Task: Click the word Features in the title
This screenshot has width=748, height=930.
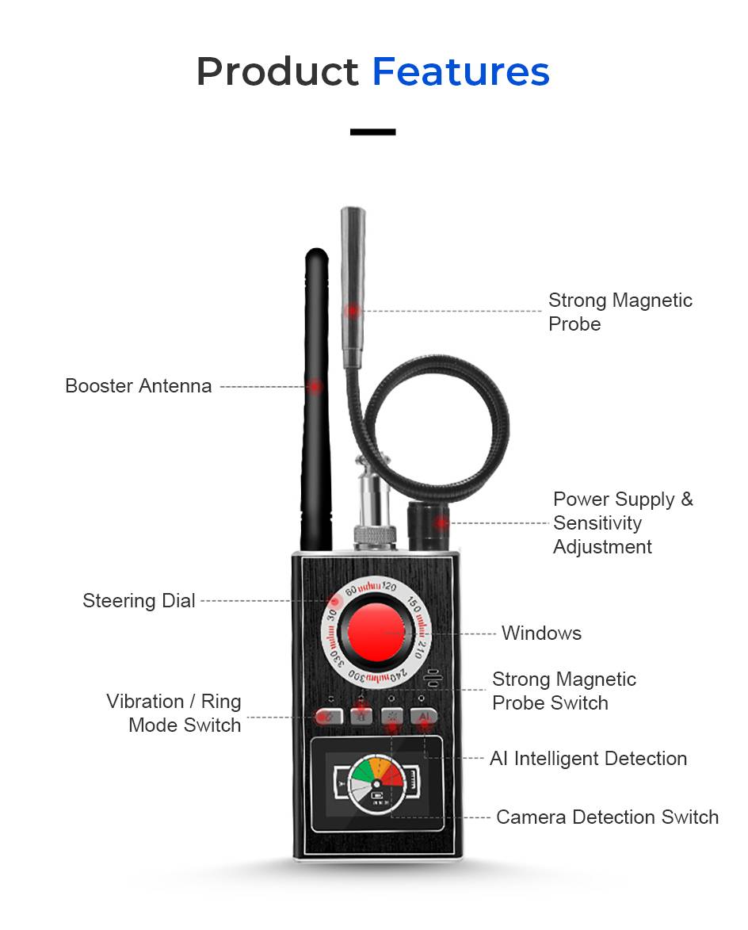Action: pyautogui.click(x=460, y=72)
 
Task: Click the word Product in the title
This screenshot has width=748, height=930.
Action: pyautogui.click(x=277, y=72)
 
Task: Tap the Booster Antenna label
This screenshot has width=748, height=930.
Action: pyautogui.click(x=139, y=386)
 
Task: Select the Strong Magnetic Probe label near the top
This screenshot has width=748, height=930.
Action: pyautogui.click(x=620, y=312)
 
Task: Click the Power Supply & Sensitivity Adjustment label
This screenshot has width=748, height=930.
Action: pyautogui.click(x=623, y=522)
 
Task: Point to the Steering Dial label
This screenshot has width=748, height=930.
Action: pyautogui.click(x=139, y=601)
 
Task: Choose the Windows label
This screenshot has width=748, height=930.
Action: pyautogui.click(x=541, y=633)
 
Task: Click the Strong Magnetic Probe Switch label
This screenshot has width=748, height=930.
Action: pyautogui.click(x=563, y=691)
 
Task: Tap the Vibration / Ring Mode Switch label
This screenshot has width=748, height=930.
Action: pyautogui.click(x=174, y=713)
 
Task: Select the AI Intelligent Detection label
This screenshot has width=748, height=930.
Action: pyautogui.click(x=588, y=758)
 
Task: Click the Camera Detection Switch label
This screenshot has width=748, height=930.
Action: pyautogui.click(x=607, y=817)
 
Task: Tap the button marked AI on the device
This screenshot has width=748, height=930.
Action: pyautogui.click(x=425, y=716)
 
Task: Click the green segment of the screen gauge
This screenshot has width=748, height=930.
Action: pyautogui.click(x=364, y=772)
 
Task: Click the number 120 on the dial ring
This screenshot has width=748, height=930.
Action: pyautogui.click(x=388, y=587)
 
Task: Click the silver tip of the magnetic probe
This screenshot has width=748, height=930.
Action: pyautogui.click(x=352, y=222)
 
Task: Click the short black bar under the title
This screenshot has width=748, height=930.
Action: pyautogui.click(x=373, y=132)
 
